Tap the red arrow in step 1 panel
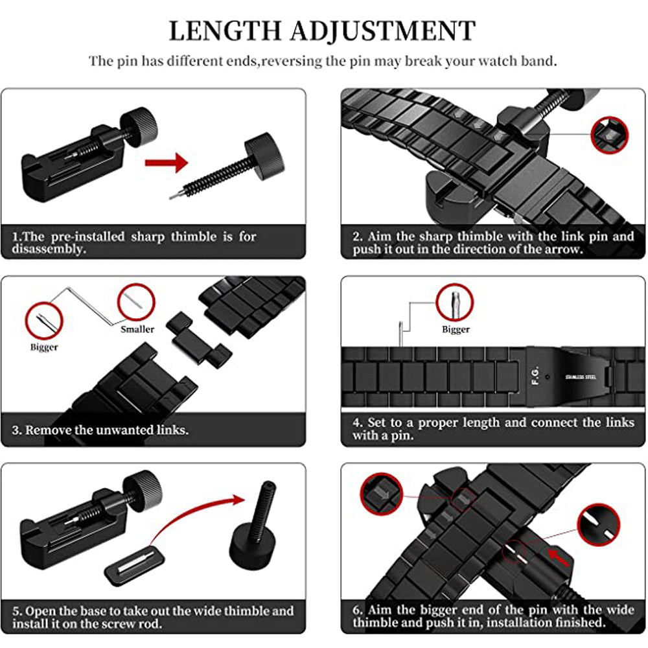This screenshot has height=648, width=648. point(166,163)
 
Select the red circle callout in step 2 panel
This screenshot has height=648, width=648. point(610,135)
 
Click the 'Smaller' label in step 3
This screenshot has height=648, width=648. point(137,329)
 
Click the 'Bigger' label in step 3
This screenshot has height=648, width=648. point(44,347)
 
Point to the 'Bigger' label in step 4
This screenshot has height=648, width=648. point(456,329)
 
